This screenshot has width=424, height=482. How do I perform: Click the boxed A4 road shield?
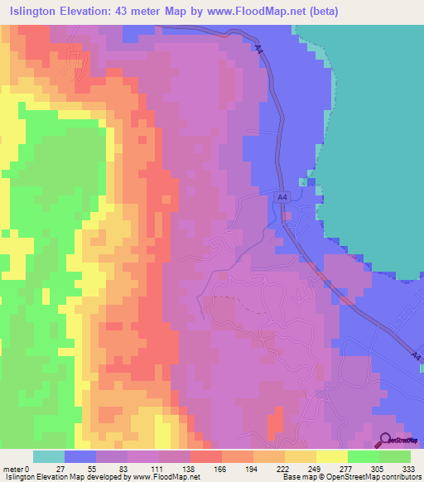click(282, 197)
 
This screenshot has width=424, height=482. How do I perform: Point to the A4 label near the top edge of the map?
click(259, 51)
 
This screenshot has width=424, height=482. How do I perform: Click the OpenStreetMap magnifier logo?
click(387, 441)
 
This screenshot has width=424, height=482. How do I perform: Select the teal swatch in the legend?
click(49, 456)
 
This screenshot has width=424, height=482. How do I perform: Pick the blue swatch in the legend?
click(80, 456)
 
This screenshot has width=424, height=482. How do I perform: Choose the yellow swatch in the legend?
click(332, 456)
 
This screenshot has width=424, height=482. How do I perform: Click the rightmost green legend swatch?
click(395, 456)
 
